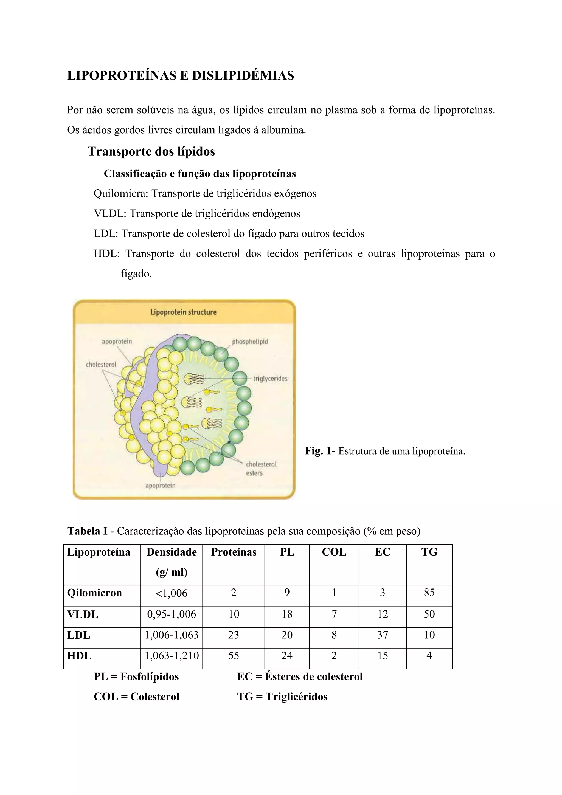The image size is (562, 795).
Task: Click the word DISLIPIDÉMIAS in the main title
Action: click(243, 75)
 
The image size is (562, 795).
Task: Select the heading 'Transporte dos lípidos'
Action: click(151, 151)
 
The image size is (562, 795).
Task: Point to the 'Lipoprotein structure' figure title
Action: click(183, 312)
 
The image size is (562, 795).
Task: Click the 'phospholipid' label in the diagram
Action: click(250, 342)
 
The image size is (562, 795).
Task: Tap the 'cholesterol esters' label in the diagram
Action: click(261, 469)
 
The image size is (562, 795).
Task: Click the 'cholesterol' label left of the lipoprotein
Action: click(101, 364)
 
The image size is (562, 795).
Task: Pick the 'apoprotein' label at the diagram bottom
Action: click(160, 486)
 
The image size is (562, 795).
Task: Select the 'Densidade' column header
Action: click(172, 552)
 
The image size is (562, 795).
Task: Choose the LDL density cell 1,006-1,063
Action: click(172, 635)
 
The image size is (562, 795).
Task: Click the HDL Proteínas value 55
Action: click(234, 655)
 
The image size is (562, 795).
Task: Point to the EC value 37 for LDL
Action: click(382, 635)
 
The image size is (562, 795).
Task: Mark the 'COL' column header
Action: click(334, 552)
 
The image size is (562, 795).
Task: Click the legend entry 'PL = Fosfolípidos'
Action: click(136, 676)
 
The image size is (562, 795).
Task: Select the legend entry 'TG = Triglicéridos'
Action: click(282, 696)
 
